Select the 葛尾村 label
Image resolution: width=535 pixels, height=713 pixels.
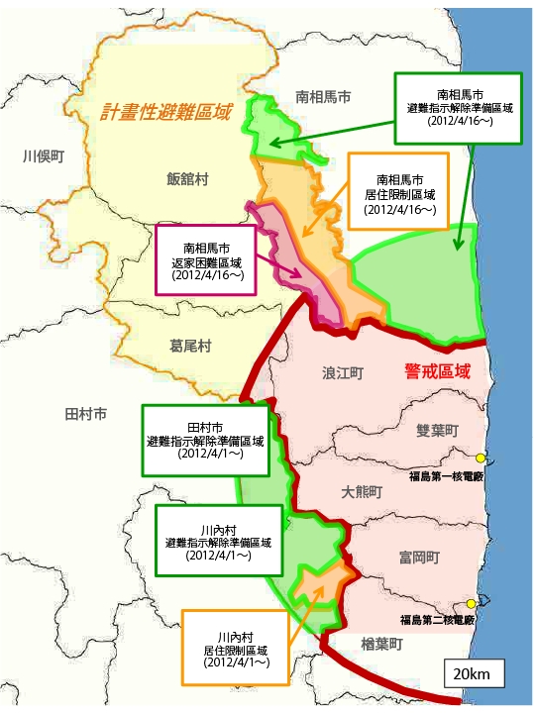191,347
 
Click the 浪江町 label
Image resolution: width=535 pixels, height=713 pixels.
343,374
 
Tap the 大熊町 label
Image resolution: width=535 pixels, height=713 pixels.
362,492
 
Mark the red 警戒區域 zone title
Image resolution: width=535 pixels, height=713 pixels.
437,371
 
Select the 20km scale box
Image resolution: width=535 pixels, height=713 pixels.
474,674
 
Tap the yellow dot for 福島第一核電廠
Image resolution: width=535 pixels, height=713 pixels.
481,458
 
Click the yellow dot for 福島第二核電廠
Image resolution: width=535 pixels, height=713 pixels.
471,604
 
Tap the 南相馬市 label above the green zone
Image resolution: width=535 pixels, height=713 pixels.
323,97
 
